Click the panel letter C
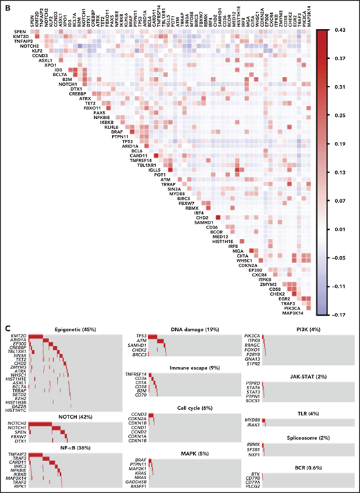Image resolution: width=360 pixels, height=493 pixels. coord(5,323)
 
